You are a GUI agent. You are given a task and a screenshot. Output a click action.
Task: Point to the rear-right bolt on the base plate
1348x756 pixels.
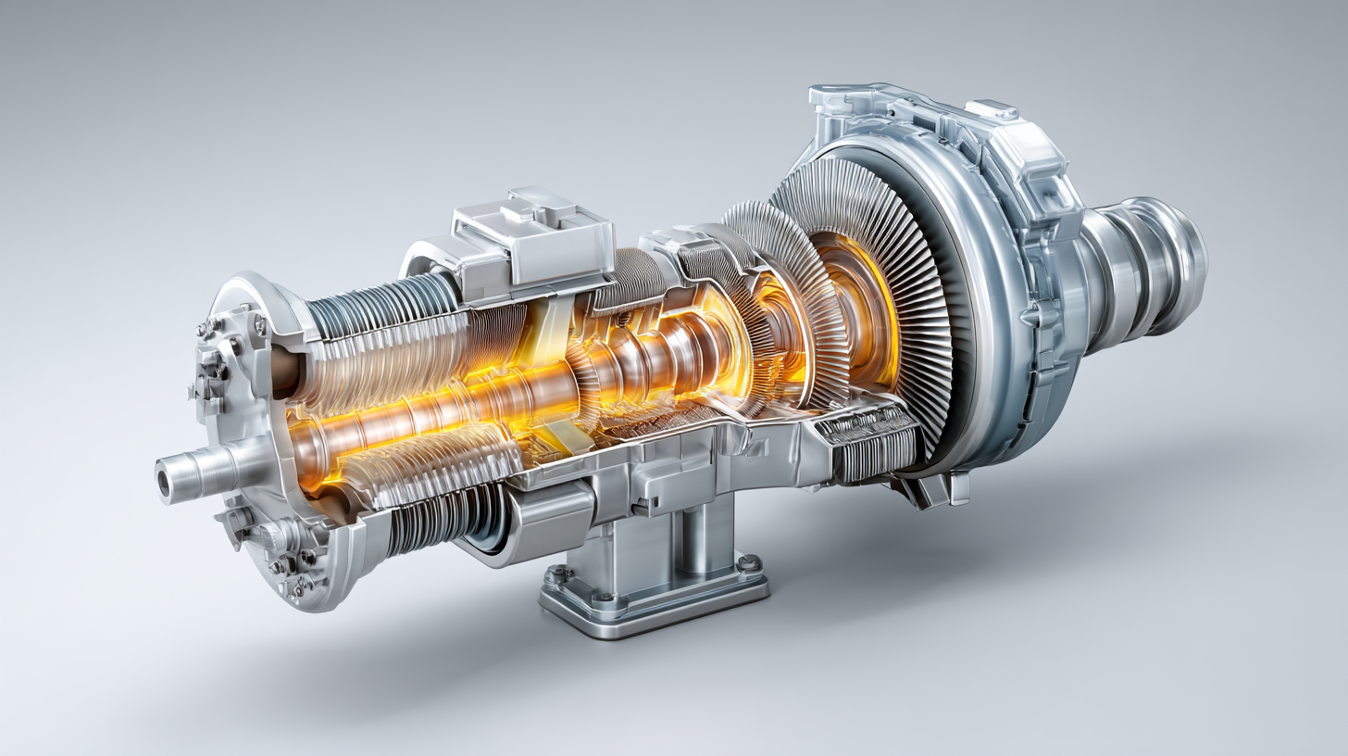coord(748,561)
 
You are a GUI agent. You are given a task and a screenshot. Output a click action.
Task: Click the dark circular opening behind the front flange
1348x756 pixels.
coord(288,371)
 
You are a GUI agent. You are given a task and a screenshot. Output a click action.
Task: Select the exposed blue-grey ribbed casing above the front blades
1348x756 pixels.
coord(380,302)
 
